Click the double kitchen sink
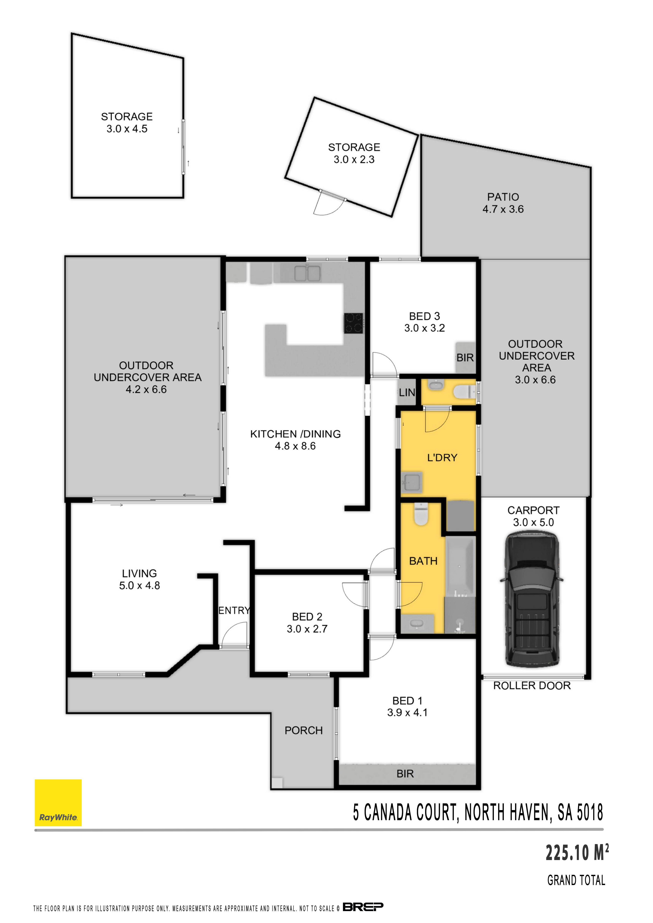308,273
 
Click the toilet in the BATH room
421,514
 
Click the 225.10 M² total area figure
577,853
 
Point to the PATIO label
503,197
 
